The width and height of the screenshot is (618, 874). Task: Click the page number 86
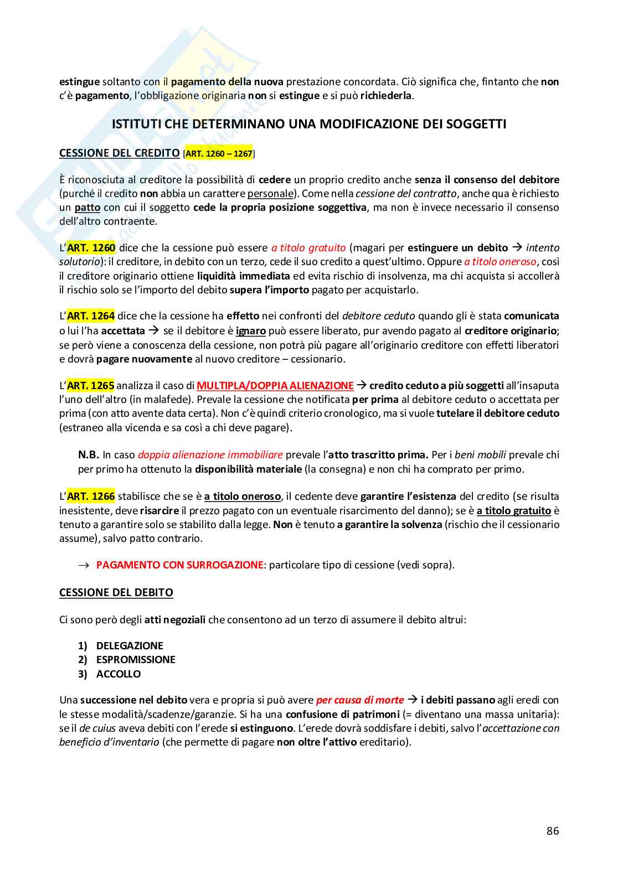(552, 831)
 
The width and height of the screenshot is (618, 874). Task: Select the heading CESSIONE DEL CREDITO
(119, 153)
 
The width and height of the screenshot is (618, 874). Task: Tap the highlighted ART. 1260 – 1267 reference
(219, 154)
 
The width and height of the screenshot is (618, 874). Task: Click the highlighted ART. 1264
(91, 316)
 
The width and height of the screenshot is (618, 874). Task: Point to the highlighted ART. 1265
(91, 385)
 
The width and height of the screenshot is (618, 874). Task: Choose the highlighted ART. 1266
(91, 497)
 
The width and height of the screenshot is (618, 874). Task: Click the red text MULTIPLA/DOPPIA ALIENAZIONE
(275, 385)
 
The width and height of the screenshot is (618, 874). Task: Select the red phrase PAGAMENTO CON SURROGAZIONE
(179, 565)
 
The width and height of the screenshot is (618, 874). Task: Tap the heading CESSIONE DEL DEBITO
(116, 593)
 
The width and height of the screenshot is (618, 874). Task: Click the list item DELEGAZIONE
(130, 646)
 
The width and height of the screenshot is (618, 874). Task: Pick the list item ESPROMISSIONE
(136, 660)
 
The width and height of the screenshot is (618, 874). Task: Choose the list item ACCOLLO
(119, 674)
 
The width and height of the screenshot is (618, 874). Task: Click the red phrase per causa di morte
(360, 700)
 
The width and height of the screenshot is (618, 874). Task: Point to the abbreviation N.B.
(88, 455)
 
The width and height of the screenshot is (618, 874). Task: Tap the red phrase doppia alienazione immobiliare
(210, 455)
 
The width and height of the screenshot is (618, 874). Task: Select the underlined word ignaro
(251, 331)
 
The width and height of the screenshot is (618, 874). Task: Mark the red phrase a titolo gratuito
(308, 248)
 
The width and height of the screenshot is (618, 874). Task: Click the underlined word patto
(87, 208)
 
